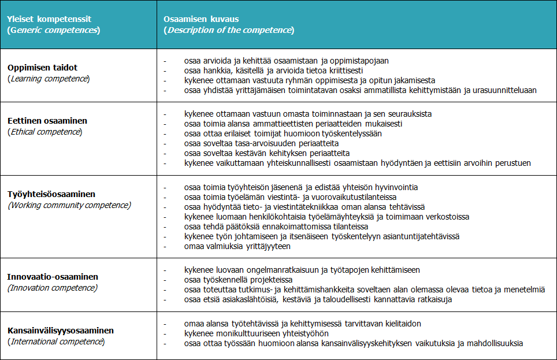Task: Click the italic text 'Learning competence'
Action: pyautogui.click(x=49, y=79)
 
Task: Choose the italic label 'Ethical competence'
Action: pyautogui.click(x=44, y=132)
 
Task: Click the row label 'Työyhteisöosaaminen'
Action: pyautogui.click(x=51, y=194)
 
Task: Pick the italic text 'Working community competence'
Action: pyautogui.click(x=69, y=205)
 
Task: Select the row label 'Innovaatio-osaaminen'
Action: pyautogui.click(x=53, y=277)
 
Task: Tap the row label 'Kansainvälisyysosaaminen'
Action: pyautogui.click(x=61, y=331)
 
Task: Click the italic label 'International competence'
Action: pyautogui.click(x=56, y=342)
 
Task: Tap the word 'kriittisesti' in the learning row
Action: pyautogui.click(x=335, y=70)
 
